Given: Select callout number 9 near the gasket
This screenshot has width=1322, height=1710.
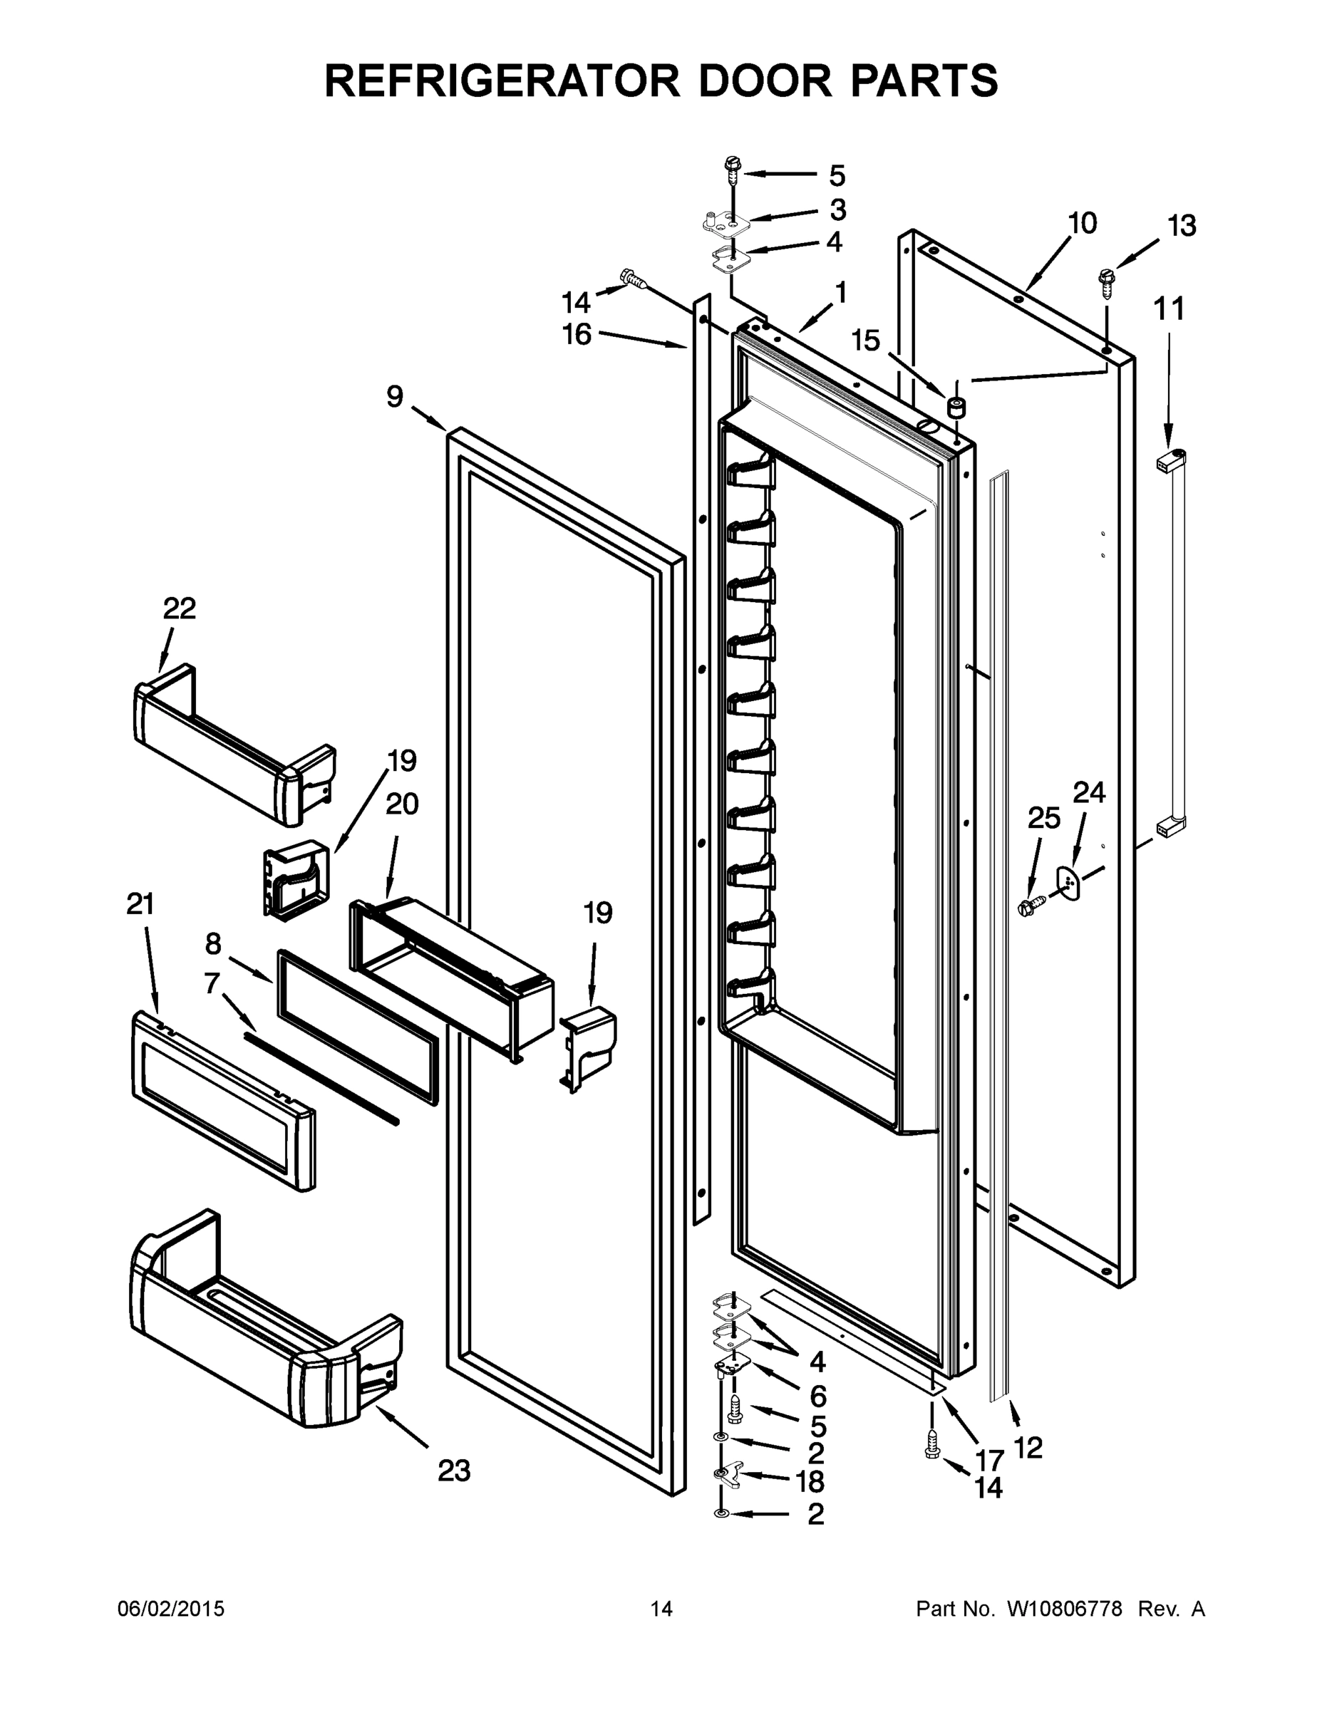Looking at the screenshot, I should pos(395,397).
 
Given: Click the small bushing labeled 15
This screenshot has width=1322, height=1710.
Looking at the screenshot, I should pos(956,406).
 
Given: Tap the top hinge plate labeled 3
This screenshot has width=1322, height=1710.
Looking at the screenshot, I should pos(727,223).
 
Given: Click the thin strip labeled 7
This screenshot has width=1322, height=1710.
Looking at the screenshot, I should pos(321,1077).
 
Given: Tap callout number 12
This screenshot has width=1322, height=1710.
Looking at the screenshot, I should pos(1028,1448).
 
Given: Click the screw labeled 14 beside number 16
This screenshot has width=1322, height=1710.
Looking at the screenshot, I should pos(633,278).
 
